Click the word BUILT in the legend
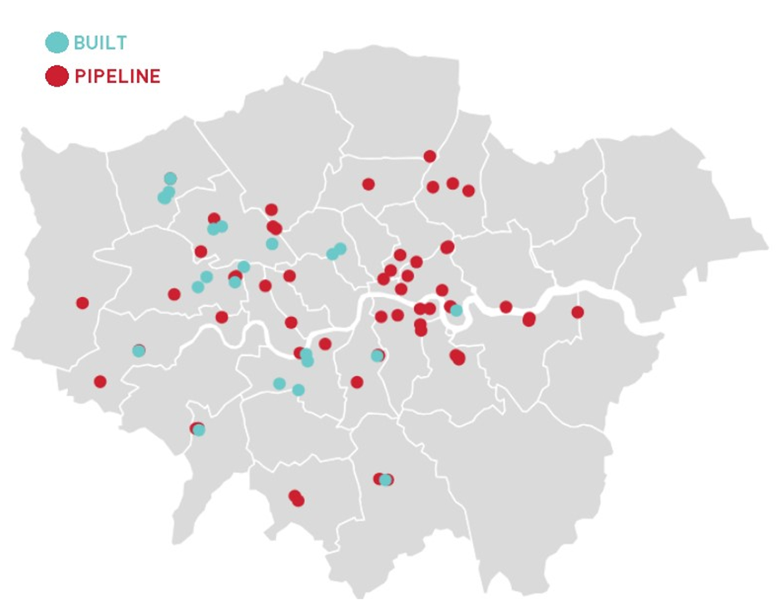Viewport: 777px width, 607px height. (x=100, y=43)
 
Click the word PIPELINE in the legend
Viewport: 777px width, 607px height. (x=118, y=76)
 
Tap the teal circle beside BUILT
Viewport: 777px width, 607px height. (x=56, y=42)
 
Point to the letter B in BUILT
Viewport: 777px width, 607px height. (x=79, y=43)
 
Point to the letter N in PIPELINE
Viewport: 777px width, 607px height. (x=142, y=76)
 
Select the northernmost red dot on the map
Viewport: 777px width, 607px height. (x=429, y=156)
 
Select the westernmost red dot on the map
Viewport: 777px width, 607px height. (x=82, y=303)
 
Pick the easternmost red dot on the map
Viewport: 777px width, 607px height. (x=577, y=312)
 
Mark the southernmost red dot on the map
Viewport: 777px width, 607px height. (x=298, y=501)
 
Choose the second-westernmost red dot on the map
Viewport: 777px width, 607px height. (x=100, y=381)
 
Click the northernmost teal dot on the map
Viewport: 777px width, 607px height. (x=170, y=179)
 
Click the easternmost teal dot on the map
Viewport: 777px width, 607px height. (x=456, y=310)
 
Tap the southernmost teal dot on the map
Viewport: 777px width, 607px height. (x=386, y=480)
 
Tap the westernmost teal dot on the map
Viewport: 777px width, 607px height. (x=138, y=351)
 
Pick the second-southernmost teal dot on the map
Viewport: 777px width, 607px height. (x=199, y=430)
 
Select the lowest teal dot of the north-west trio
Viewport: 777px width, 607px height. (x=164, y=198)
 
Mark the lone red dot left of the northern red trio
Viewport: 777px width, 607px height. (x=368, y=184)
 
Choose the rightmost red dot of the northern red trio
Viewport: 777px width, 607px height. (x=468, y=191)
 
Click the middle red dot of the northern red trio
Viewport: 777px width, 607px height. (x=452, y=183)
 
